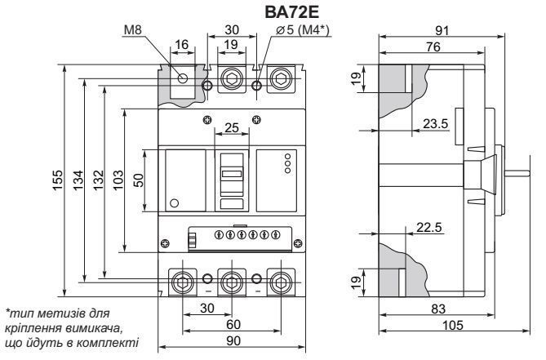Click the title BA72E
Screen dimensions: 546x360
click(x=292, y=12)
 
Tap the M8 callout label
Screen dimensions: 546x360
click(x=133, y=30)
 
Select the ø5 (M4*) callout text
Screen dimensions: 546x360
click(x=302, y=30)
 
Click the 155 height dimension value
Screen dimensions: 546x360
click(x=58, y=180)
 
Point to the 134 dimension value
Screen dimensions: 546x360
click(x=78, y=180)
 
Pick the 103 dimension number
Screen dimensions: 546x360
click(x=118, y=180)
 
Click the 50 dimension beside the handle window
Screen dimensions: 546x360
click(x=139, y=180)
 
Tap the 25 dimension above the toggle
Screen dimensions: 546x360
click(x=232, y=128)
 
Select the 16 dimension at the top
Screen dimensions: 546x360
click(x=181, y=45)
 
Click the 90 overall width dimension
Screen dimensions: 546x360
click(x=233, y=341)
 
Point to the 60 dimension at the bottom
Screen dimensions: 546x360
click(x=233, y=324)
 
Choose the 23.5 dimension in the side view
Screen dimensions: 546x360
click(x=435, y=123)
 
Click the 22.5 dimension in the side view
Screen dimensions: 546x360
click(x=429, y=228)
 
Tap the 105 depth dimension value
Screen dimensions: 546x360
click(x=453, y=325)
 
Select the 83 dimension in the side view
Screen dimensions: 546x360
click(x=438, y=309)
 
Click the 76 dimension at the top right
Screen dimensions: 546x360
click(x=433, y=47)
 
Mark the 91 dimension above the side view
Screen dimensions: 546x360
click(x=442, y=31)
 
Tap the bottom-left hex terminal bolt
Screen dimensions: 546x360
click(x=183, y=282)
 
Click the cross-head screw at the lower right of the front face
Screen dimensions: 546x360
click(x=298, y=243)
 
